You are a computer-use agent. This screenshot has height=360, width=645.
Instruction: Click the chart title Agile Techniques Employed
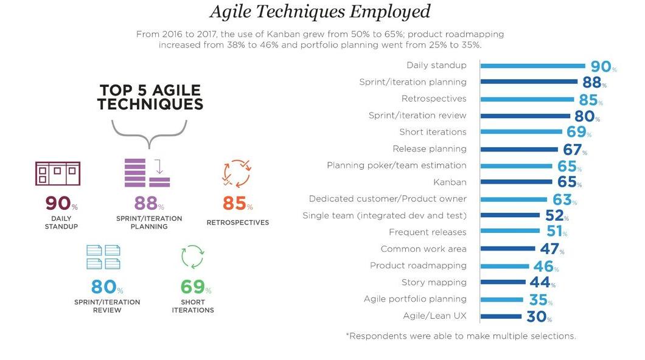(320, 12)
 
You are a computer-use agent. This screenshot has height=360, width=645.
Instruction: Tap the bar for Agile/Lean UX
(501, 316)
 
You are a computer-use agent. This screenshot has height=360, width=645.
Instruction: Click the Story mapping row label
(434, 282)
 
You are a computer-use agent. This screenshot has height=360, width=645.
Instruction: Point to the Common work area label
(424, 249)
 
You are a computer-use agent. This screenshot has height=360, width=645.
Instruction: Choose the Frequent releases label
(427, 232)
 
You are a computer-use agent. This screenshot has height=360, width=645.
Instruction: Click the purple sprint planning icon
(147, 173)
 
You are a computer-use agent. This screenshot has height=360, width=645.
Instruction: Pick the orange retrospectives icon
(236, 173)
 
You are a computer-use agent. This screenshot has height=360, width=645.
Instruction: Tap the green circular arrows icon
(192, 256)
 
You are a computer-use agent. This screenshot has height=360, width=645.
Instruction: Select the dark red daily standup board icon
(58, 173)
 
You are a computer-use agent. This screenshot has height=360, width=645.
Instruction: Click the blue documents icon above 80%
(103, 257)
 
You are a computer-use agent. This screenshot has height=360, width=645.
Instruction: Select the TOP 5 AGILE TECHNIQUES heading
(150, 97)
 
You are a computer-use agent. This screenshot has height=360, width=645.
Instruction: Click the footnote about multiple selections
(461, 336)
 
